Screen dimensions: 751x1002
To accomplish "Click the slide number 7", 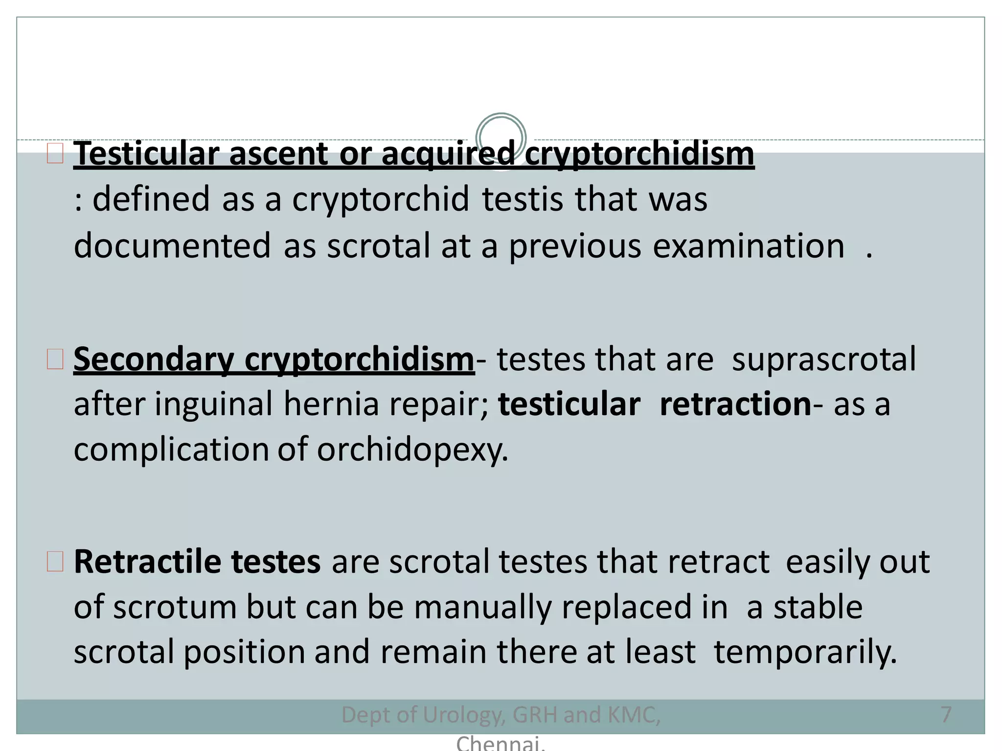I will tap(946, 715).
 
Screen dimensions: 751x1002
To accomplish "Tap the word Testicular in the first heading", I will tap(146, 154).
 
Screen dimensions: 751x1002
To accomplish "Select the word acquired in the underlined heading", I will tap(448, 154).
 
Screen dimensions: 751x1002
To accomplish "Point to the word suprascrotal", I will tap(823, 360).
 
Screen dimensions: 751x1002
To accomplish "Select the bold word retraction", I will tap(735, 405).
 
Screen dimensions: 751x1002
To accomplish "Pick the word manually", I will tap(482, 607).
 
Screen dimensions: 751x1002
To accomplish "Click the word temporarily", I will tap(805, 652).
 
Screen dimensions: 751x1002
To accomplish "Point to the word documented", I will tap(172, 245).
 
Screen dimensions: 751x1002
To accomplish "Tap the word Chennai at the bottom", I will tap(500, 743).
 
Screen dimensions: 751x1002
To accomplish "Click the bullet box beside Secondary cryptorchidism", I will tap(55, 359).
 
